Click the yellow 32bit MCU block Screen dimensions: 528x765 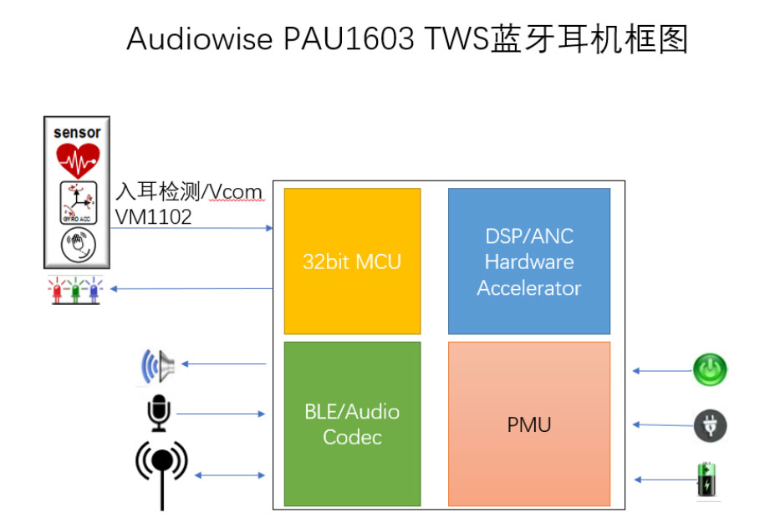(352, 261)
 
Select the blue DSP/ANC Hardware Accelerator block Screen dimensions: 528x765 (528, 261)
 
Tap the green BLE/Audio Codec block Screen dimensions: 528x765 (352, 424)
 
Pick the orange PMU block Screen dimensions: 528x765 (528, 424)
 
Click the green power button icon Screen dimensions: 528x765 (710, 369)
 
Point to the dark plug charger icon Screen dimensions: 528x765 (710, 425)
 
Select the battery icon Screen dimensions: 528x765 (708, 480)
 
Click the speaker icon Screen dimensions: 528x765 (157, 365)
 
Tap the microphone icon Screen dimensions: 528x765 (158, 414)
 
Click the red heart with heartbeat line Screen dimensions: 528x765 (77, 159)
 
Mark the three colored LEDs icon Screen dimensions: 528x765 (75, 291)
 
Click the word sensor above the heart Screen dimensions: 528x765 (77, 132)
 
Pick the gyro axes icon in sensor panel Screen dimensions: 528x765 (77, 202)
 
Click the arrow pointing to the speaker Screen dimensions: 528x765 (223, 363)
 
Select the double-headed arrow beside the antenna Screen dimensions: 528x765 (230, 475)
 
